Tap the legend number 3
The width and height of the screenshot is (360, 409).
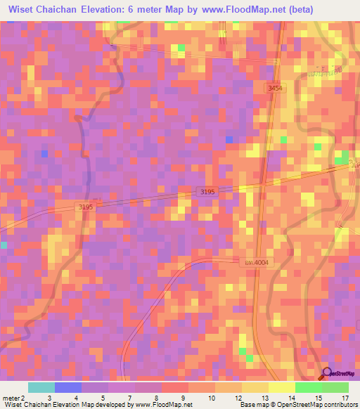pos(49,398)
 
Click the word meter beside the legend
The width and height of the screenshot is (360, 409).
pos(12,398)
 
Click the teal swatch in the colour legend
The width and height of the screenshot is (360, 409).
pos(41,387)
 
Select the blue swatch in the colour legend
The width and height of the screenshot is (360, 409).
pos(68,387)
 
